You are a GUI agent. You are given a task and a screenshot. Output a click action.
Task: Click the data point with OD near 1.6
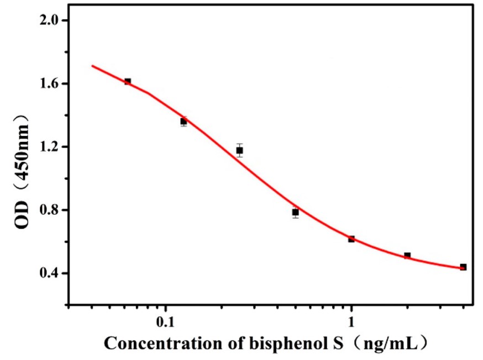click(x=128, y=82)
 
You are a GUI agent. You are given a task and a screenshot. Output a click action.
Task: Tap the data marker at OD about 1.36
click(x=183, y=121)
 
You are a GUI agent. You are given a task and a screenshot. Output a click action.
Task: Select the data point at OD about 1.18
click(x=239, y=150)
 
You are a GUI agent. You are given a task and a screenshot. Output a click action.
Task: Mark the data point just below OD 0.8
click(x=296, y=212)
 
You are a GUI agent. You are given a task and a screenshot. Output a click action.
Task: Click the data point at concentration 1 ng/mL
click(x=351, y=239)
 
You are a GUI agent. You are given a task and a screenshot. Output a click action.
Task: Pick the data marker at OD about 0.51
click(x=407, y=256)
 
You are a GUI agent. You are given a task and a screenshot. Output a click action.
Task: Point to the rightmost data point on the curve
click(x=463, y=267)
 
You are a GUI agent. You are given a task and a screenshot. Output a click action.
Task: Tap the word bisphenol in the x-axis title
click(x=269, y=343)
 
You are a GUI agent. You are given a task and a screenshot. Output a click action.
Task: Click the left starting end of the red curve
click(x=92, y=66)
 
